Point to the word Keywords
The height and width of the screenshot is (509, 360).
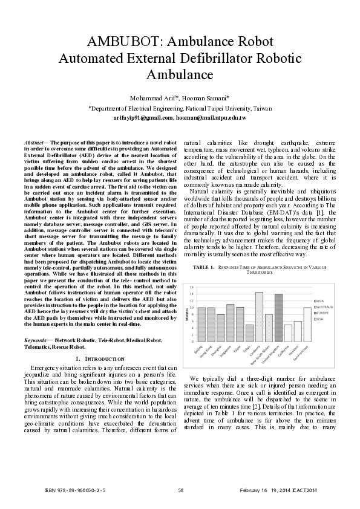point(41,341)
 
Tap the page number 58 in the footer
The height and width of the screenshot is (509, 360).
point(180,488)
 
